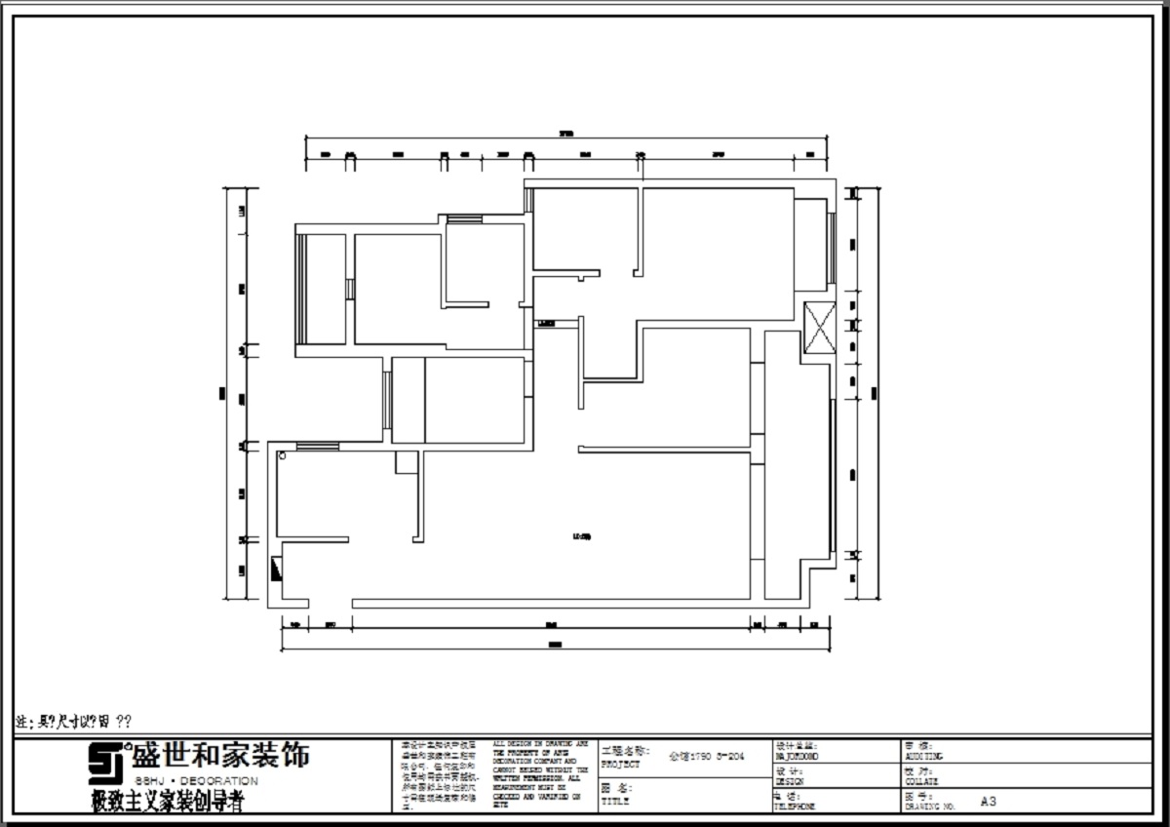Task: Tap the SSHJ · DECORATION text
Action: tap(195, 782)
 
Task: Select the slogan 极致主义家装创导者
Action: tap(167, 803)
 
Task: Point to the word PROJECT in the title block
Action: tap(621, 766)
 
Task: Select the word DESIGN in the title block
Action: tap(789, 781)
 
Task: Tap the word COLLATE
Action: tap(919, 781)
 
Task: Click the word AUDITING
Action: tap(922, 757)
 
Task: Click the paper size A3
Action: tap(989, 802)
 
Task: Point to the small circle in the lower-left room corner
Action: tap(282, 454)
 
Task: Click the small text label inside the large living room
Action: tap(582, 534)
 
